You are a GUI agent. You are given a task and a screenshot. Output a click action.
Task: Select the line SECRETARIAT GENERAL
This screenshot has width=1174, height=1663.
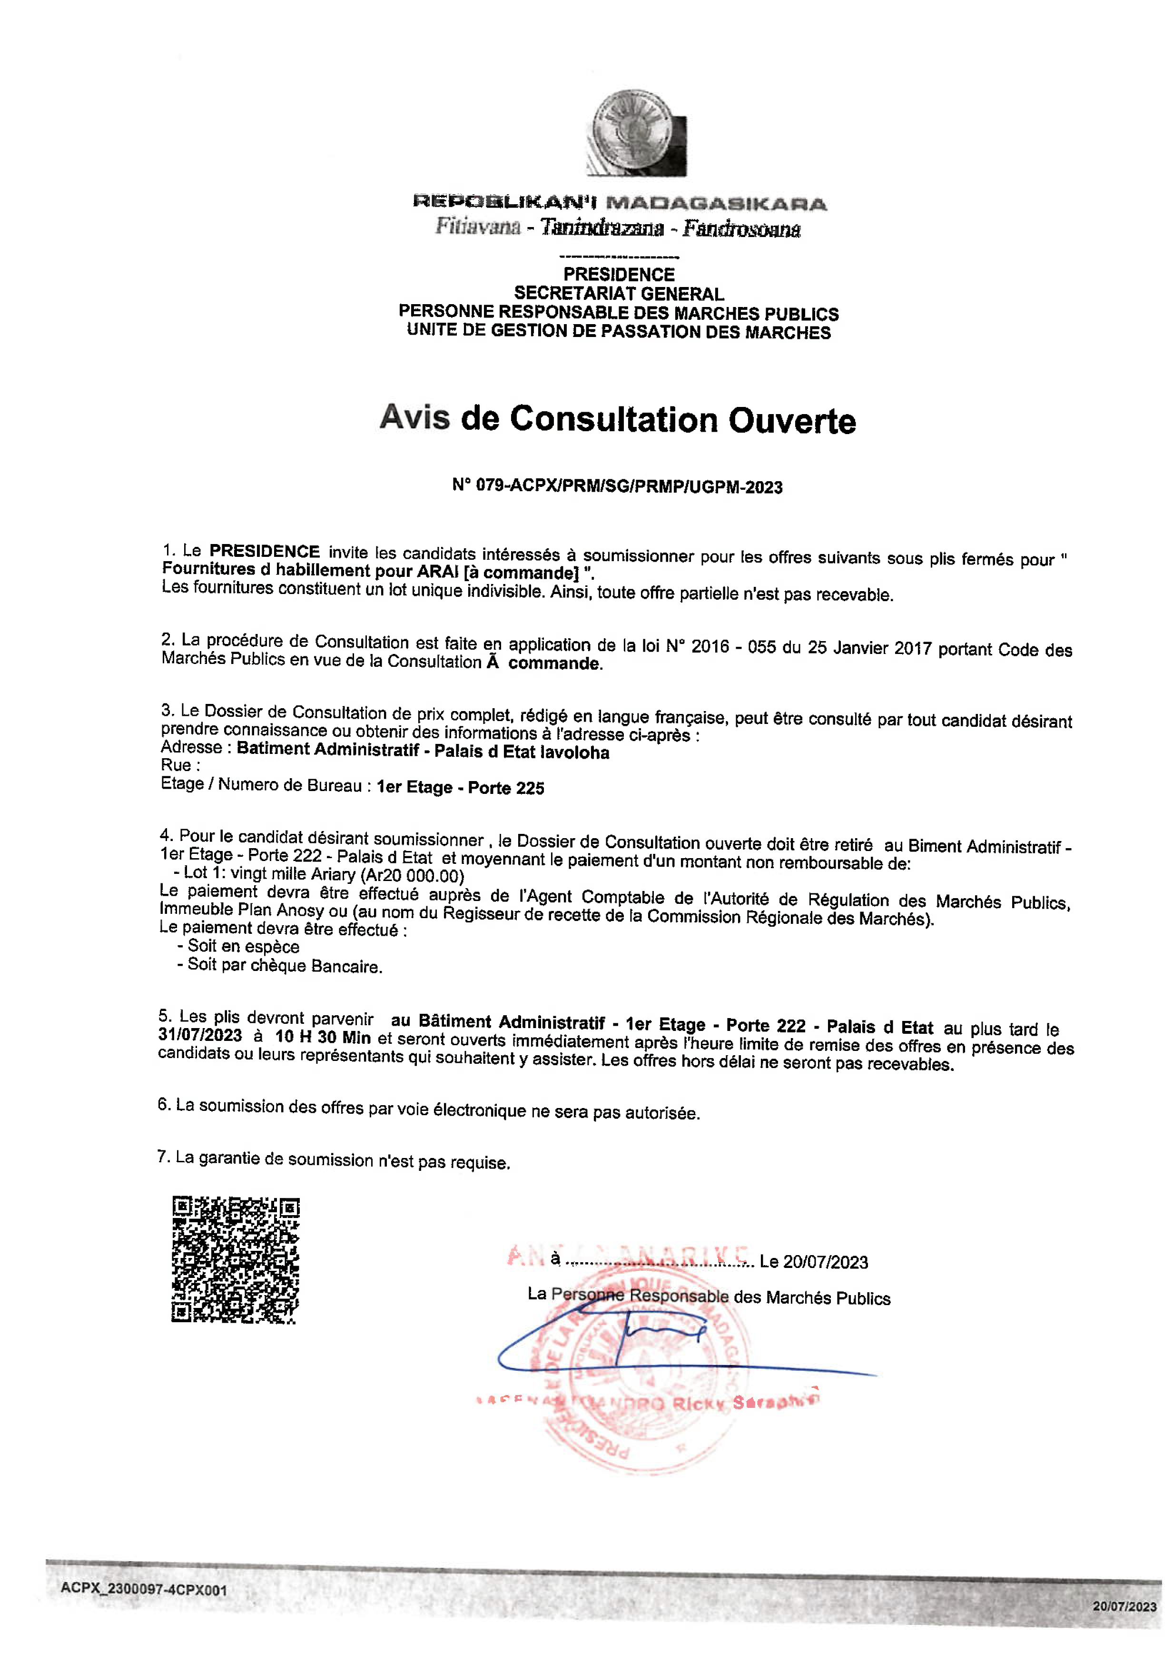619,293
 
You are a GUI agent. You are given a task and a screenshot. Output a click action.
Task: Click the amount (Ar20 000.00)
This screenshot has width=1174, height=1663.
412,876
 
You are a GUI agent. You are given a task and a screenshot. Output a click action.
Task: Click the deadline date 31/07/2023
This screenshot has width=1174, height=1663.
200,1035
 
